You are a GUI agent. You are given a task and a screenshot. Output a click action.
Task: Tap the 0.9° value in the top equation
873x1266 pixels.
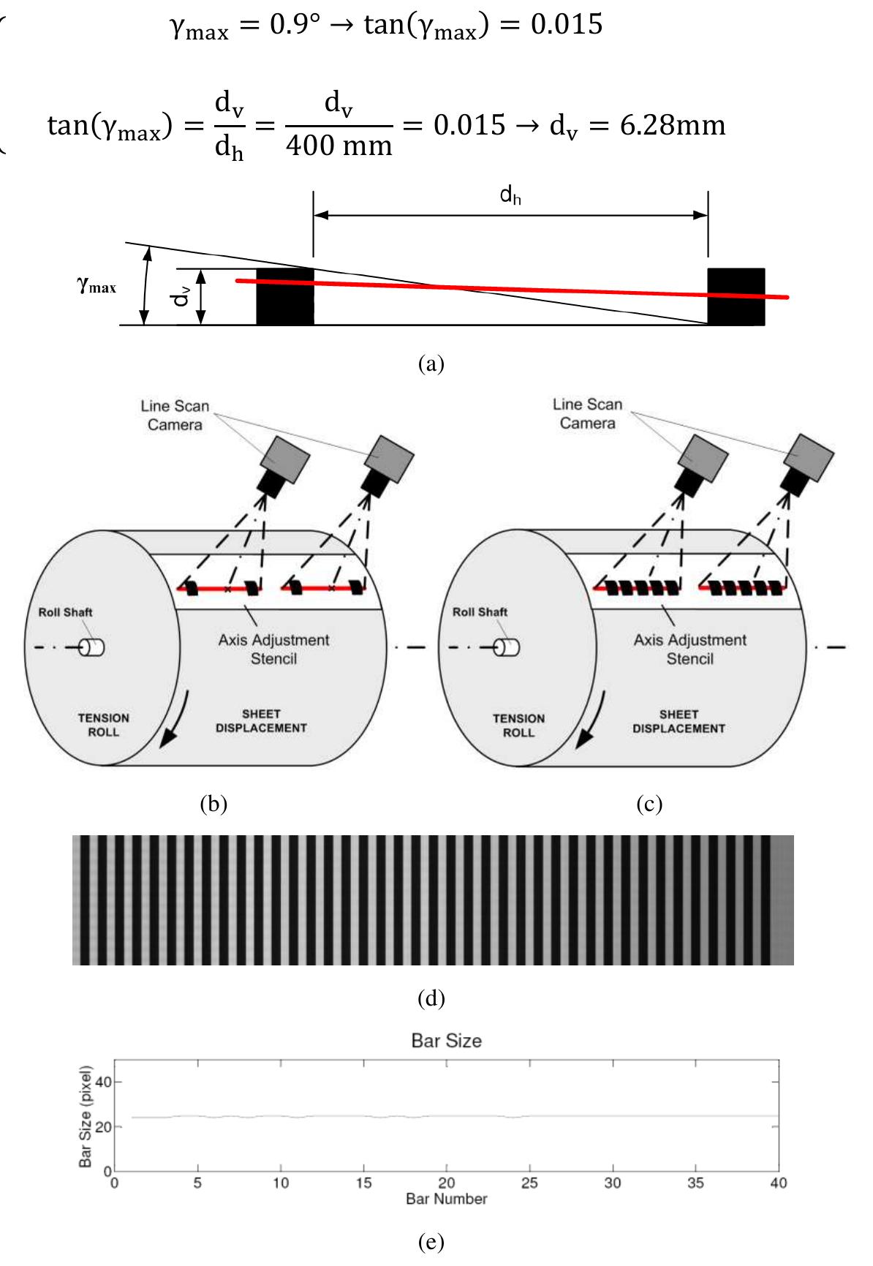pyautogui.click(x=295, y=24)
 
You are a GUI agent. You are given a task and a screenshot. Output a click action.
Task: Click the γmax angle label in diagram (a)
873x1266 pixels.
pyautogui.click(x=97, y=285)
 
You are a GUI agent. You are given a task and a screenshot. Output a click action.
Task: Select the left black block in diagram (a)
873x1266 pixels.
pyautogui.click(x=285, y=297)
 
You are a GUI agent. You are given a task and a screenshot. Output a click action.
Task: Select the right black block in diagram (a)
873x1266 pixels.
pyautogui.click(x=736, y=296)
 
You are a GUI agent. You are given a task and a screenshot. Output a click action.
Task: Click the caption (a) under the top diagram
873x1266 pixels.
pyautogui.click(x=431, y=363)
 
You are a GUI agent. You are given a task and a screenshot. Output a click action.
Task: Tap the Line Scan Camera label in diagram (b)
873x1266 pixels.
pyautogui.click(x=175, y=415)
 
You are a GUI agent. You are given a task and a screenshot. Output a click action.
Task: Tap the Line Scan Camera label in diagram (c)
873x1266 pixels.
pyautogui.click(x=587, y=414)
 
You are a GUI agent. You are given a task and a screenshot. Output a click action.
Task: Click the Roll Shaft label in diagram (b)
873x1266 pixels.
pyautogui.click(x=65, y=612)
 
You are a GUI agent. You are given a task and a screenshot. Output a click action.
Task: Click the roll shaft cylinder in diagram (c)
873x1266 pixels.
pyautogui.click(x=506, y=647)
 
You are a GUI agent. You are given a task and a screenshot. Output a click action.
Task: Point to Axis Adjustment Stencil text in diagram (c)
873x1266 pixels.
pyautogui.click(x=689, y=649)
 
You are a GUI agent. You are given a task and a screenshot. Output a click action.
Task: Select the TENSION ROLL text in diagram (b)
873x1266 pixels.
pyautogui.click(x=103, y=725)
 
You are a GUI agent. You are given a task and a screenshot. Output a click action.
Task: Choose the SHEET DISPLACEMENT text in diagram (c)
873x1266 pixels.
pyautogui.click(x=679, y=721)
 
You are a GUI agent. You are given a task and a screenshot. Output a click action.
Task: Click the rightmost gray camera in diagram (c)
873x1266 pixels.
pyautogui.click(x=809, y=455)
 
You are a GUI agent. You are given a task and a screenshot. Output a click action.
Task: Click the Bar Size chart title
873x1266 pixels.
pyautogui.click(x=446, y=1041)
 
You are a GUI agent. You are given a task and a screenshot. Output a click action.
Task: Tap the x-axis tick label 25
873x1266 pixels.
pyautogui.click(x=529, y=1183)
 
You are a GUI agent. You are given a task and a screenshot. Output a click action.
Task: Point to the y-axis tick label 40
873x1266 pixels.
pyautogui.click(x=103, y=1082)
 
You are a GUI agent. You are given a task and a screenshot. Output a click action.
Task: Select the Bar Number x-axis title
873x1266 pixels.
pyautogui.click(x=446, y=1199)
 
